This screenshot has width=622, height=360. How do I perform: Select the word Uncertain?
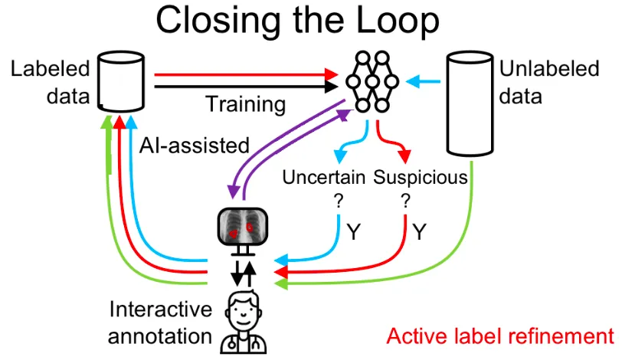[325, 178]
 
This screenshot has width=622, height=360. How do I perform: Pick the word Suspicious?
[421, 178]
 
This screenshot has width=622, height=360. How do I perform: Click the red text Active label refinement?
[500, 336]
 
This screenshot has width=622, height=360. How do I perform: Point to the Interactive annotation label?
[160, 322]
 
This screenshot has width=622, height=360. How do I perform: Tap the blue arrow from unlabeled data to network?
[423, 78]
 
